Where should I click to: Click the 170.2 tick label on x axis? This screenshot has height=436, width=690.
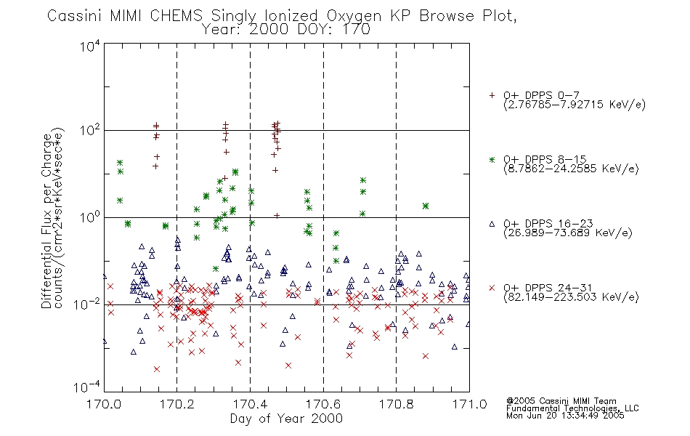[x=177, y=404]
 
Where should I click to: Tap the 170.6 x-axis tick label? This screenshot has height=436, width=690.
[x=323, y=404]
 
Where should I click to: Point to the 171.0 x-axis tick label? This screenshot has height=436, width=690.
[x=469, y=404]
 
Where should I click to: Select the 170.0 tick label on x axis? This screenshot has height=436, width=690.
[x=104, y=404]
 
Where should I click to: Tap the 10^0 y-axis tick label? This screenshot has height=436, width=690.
[x=90, y=217]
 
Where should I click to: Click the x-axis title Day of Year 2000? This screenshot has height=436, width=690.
[x=286, y=419]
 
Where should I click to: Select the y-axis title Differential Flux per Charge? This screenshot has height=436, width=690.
[x=46, y=221]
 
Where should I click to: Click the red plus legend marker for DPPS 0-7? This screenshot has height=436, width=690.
[x=492, y=95]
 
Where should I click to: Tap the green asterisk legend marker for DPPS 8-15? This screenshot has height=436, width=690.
[x=492, y=159]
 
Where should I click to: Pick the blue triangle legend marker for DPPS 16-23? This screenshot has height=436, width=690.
[x=492, y=224]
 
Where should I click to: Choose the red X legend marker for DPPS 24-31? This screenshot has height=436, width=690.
[x=492, y=288]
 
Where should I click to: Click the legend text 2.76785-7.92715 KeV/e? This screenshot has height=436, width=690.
[x=575, y=105]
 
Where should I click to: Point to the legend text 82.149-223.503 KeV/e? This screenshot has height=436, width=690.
[x=571, y=297]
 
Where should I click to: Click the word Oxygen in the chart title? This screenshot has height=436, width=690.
[x=354, y=16]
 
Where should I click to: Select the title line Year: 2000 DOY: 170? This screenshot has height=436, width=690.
[x=286, y=30]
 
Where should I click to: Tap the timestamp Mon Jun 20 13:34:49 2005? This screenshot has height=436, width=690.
[x=565, y=416]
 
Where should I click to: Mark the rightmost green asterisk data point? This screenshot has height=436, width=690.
[x=426, y=206]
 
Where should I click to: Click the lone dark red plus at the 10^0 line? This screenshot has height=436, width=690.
[x=277, y=216]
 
